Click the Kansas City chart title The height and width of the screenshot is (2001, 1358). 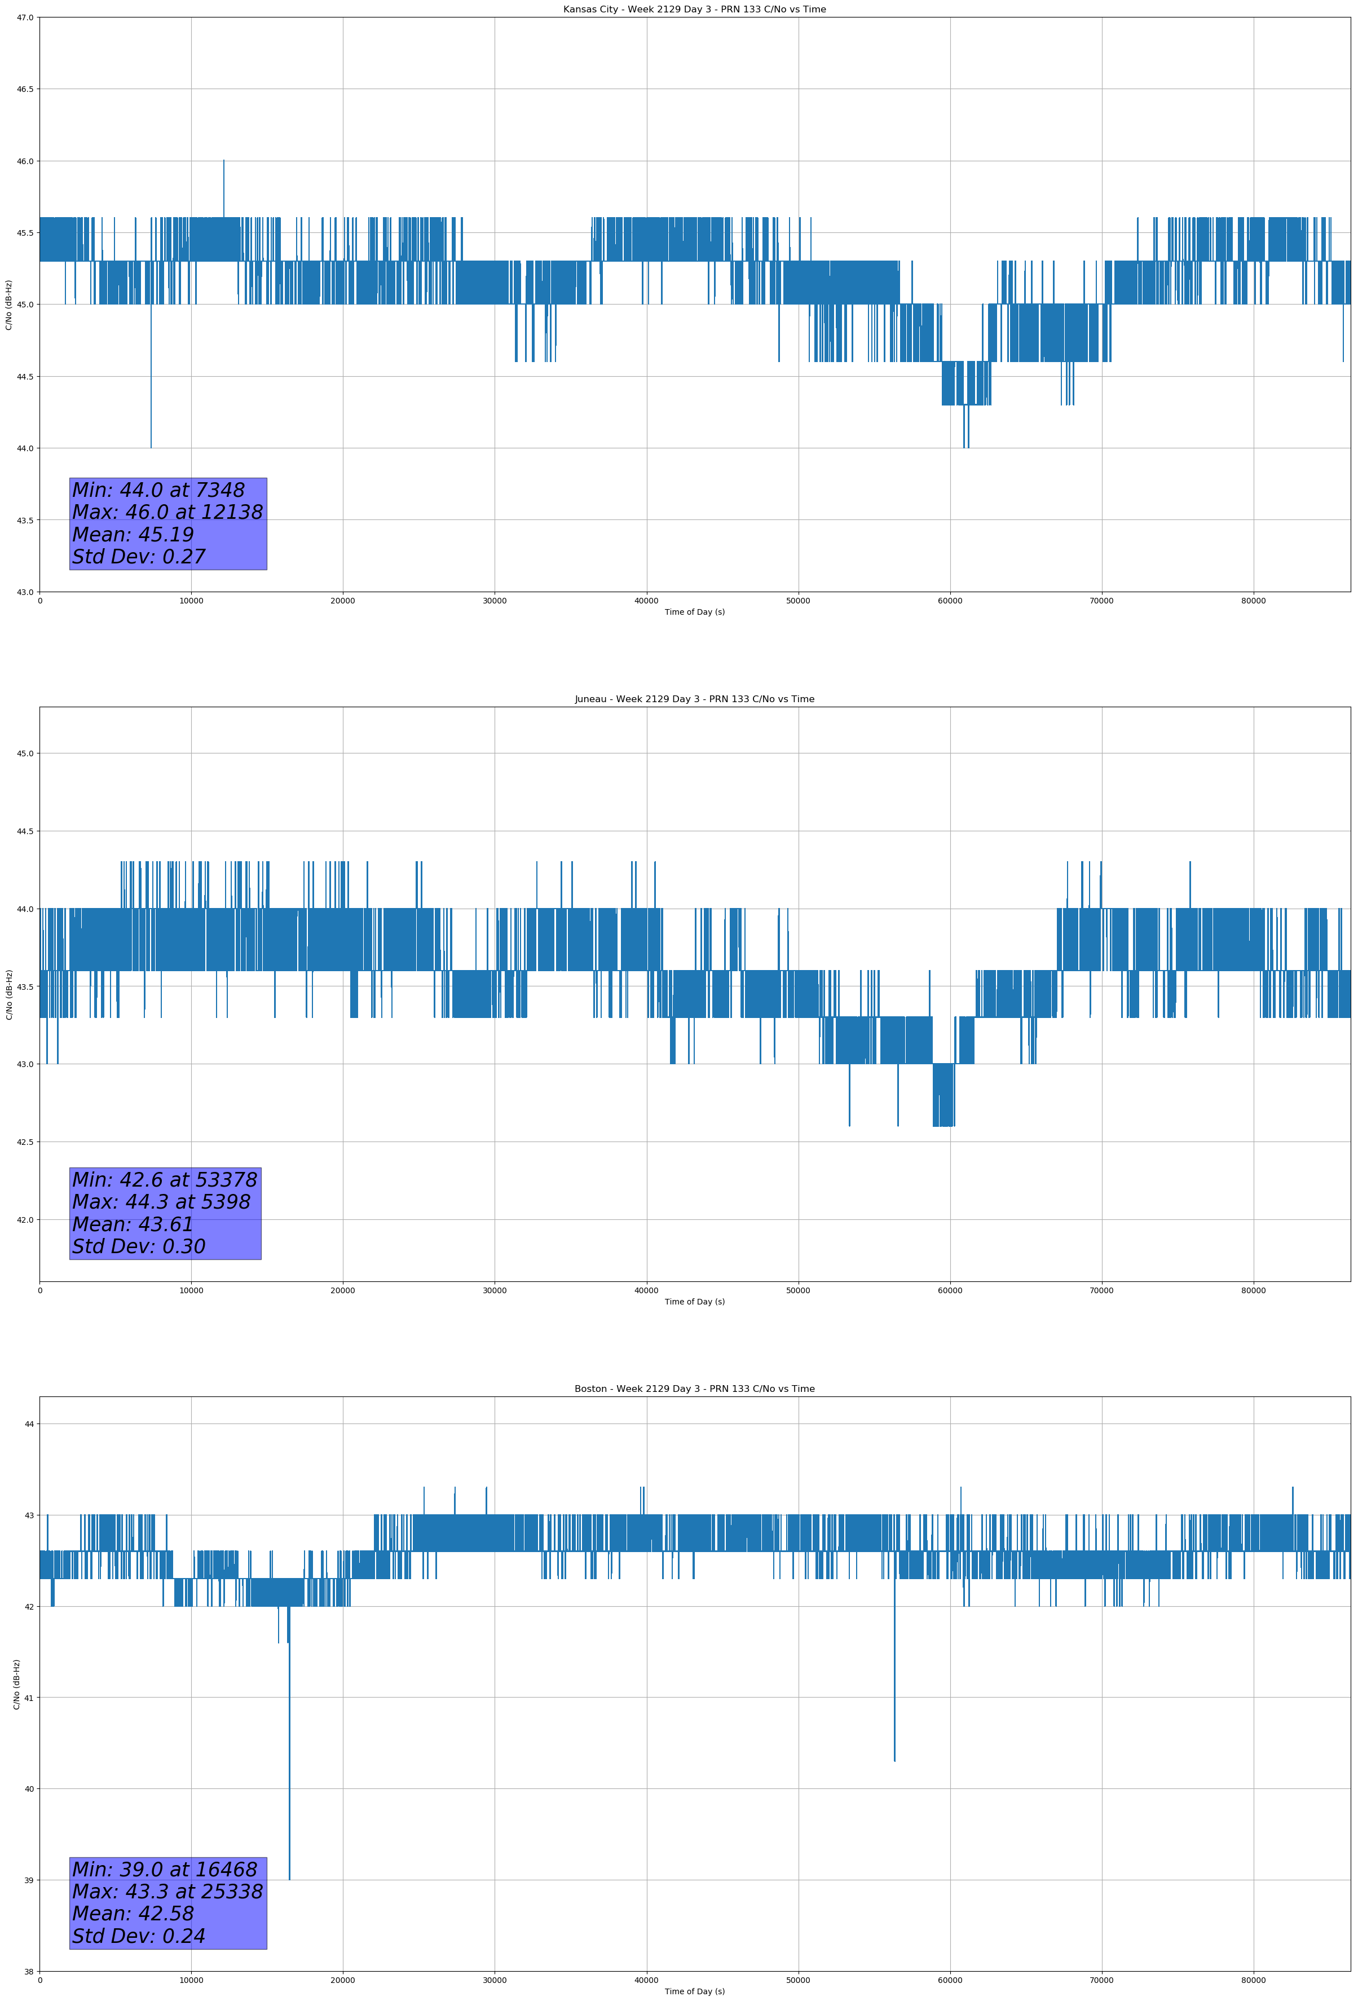(x=694, y=10)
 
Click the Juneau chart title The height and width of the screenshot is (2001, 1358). (x=694, y=699)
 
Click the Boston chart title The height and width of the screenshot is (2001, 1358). (x=694, y=1389)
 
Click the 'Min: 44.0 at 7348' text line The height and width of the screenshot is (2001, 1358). (x=158, y=490)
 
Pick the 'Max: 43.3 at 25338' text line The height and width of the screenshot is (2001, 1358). (x=167, y=1892)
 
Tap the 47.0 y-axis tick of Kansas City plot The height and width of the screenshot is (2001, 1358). (x=26, y=17)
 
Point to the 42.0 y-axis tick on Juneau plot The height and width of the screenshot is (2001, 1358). (x=26, y=1220)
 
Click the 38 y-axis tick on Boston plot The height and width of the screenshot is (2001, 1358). (x=29, y=1972)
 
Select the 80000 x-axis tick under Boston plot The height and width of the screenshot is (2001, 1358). (x=1253, y=1980)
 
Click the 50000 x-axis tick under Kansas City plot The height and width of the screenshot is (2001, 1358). (x=798, y=601)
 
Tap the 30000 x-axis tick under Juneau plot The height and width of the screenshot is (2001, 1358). (x=494, y=1290)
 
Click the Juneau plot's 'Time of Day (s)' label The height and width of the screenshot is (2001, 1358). (x=694, y=1302)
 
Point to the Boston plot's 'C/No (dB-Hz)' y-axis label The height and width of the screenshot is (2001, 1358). (x=16, y=1684)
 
